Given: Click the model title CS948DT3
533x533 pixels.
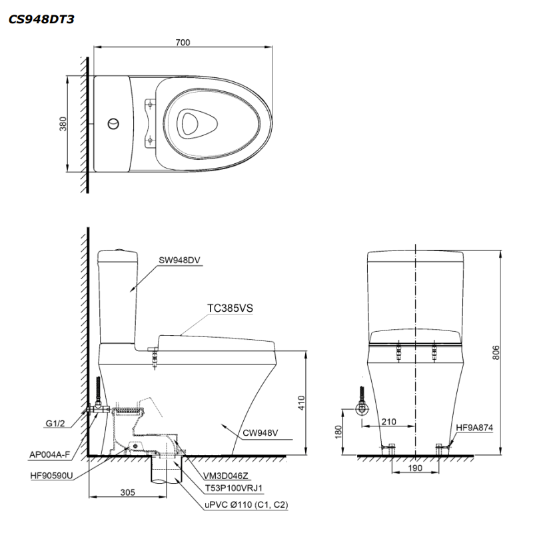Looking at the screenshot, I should [41, 19].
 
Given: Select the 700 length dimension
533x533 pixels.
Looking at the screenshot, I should [183, 43].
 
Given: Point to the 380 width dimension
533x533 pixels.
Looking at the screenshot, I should [64, 124].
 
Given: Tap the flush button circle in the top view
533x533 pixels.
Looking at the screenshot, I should [114, 123].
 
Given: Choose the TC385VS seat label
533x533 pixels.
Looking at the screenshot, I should [231, 308].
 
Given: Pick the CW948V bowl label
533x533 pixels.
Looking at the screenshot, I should [260, 432].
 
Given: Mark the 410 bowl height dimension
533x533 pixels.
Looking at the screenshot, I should [301, 402].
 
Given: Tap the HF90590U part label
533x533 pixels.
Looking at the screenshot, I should [51, 476].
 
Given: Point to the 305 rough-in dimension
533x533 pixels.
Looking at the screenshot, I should [129, 493].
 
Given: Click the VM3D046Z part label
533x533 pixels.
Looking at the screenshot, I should [227, 476].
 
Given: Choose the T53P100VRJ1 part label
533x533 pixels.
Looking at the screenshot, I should [239, 489].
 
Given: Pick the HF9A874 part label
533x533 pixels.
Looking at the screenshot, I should [474, 428].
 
